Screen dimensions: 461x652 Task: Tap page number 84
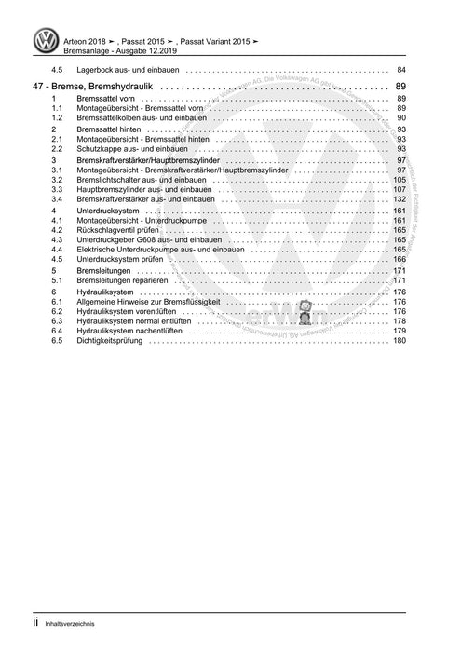coord(400,71)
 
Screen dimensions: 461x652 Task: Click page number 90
coord(400,118)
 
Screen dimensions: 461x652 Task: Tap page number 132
coord(399,199)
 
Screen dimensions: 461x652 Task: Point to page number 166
coord(399,260)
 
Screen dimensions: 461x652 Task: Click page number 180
coord(399,341)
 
